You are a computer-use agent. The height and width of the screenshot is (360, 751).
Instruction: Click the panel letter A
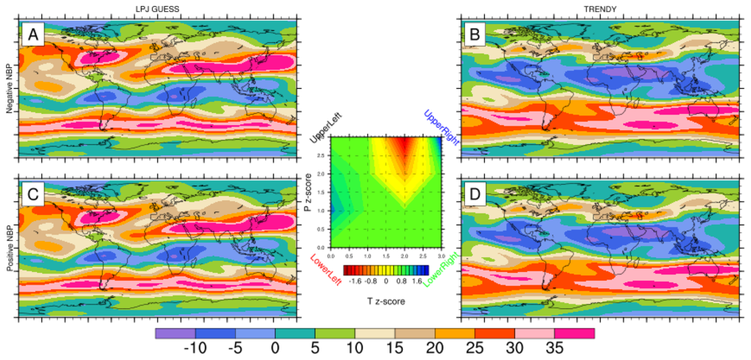(33, 34)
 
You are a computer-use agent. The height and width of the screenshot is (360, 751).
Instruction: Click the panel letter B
(474, 34)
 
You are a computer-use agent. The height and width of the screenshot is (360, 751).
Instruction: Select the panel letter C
(33, 197)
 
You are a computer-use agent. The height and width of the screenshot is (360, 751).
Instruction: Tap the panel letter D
(474, 197)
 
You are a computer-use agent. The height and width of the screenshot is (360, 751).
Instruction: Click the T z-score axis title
(386, 302)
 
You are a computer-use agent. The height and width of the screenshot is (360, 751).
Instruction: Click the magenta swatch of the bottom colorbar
(574, 333)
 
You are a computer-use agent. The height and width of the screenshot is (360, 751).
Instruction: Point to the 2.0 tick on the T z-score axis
(404, 255)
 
